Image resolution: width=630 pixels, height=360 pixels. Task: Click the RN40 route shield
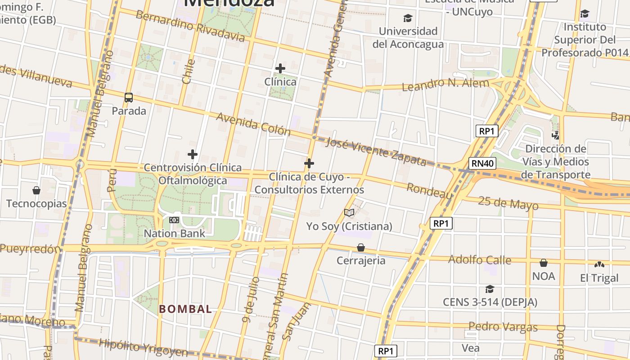482,163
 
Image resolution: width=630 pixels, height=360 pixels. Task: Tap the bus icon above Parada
129,97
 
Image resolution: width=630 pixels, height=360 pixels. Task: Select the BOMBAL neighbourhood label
185,309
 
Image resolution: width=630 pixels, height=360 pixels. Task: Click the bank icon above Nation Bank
174,220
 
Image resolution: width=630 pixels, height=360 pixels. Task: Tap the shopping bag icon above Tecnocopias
36,190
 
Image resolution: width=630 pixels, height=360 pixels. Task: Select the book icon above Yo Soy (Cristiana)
349,212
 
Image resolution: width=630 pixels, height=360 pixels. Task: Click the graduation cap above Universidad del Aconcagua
408,18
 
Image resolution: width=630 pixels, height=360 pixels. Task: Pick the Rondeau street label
430,191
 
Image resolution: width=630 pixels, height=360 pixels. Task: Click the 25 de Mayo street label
508,203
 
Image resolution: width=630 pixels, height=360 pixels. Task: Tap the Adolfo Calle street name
480,260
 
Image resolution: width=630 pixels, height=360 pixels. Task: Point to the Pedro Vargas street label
503,327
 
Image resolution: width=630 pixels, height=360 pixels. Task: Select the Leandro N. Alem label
445,84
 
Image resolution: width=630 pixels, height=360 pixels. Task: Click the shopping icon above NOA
544,263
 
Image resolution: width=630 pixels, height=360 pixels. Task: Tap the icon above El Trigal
599,265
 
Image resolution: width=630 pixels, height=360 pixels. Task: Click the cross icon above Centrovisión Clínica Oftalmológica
193,154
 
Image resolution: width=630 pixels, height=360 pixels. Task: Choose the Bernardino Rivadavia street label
190,26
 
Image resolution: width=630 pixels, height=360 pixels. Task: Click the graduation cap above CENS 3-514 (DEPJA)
490,289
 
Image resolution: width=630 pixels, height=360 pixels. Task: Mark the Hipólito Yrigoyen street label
143,347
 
